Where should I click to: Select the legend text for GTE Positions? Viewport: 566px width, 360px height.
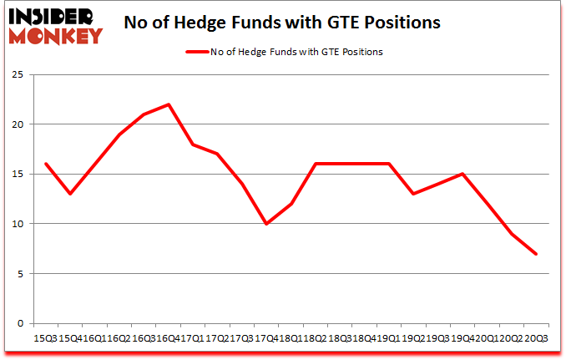tap(297, 52)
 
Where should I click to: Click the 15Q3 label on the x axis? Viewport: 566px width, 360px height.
tap(45, 338)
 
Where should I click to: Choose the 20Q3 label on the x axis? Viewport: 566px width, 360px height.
tap(535, 338)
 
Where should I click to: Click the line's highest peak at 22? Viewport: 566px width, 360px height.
tap(169, 104)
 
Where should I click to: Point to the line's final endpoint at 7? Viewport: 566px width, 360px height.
tap(535, 254)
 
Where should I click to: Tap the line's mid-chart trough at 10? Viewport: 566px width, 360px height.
tap(266, 224)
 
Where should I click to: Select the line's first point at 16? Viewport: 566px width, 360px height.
tap(45, 165)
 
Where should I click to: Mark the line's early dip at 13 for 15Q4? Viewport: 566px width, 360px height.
tap(70, 194)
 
